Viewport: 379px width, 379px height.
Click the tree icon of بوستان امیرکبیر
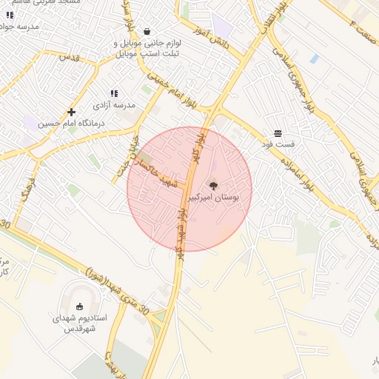click(213, 186)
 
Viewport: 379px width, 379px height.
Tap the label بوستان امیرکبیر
click(214, 198)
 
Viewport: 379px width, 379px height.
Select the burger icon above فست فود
click(278, 133)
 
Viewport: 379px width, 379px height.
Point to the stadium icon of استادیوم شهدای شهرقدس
click(79, 306)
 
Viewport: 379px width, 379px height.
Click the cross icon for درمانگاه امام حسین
click(71, 112)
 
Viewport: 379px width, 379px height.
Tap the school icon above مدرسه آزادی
click(114, 93)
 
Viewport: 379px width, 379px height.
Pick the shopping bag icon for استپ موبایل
click(147, 32)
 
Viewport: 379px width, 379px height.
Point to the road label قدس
click(69, 57)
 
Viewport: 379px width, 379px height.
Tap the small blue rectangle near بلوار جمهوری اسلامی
click(315, 58)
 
